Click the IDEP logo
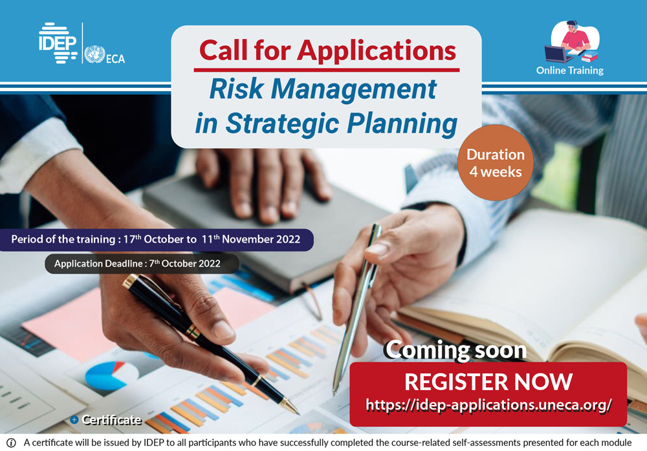pos(58,43)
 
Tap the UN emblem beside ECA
pos(94,54)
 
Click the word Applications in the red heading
pos(377,50)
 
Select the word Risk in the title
pos(236,89)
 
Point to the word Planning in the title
pos(402,124)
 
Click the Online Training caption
pos(570,71)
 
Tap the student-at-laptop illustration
pos(572,41)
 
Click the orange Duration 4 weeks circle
pos(495,162)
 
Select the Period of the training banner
pos(156,240)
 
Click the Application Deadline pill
pos(142,263)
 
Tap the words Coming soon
pos(455,350)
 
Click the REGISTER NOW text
pos(488,382)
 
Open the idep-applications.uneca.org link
pos(488,405)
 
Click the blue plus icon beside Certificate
pos(74,420)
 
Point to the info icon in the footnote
pos(11,443)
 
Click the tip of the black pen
pos(298,413)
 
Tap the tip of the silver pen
pos(334,393)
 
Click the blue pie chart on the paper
pos(107,375)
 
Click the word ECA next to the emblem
pos(116,59)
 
